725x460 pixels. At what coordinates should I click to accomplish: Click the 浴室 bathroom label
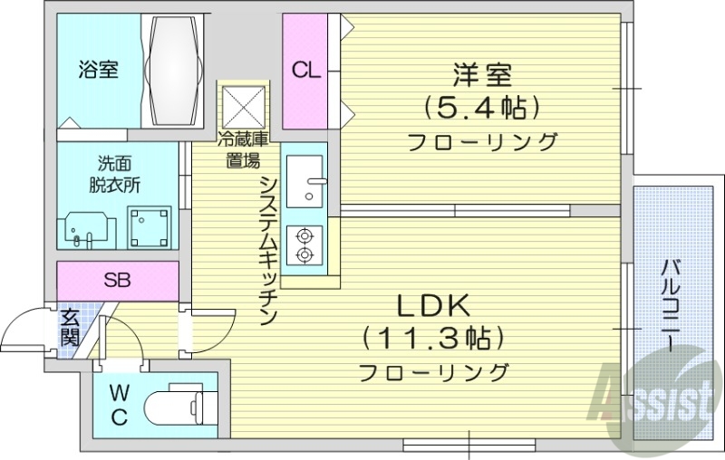tap(98, 69)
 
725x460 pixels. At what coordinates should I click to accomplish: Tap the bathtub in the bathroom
tap(175, 71)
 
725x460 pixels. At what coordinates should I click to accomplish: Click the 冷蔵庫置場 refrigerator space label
tap(242, 150)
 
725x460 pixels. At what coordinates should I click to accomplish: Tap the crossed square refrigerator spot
tap(243, 107)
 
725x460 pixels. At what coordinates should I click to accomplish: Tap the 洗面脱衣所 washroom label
tap(115, 174)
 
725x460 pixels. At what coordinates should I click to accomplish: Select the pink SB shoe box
tap(116, 280)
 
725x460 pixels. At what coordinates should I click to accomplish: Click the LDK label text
tap(431, 303)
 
